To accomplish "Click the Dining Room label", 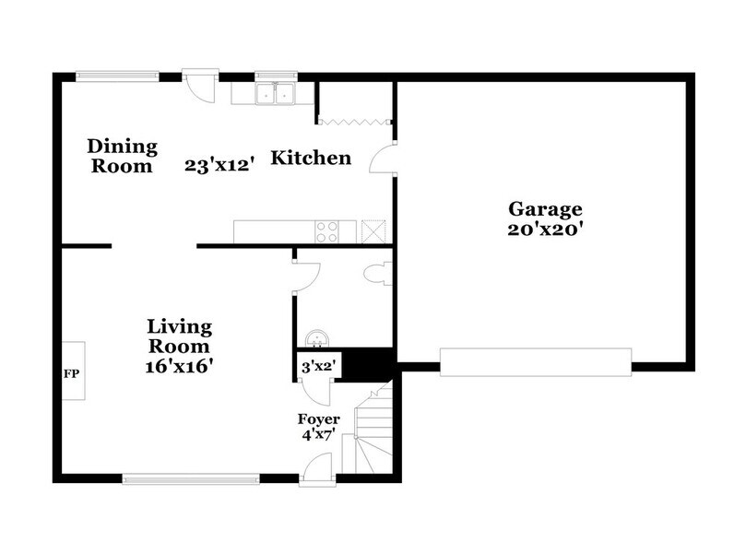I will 122,156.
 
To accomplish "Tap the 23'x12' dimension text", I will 219,166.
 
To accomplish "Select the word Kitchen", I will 310,158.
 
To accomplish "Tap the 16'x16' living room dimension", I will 180,365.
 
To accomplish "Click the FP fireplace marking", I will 69,374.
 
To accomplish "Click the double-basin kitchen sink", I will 276,93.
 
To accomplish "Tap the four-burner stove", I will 328,231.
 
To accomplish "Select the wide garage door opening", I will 535,362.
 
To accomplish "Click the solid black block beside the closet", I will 369,360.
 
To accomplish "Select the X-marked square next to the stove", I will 373,230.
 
